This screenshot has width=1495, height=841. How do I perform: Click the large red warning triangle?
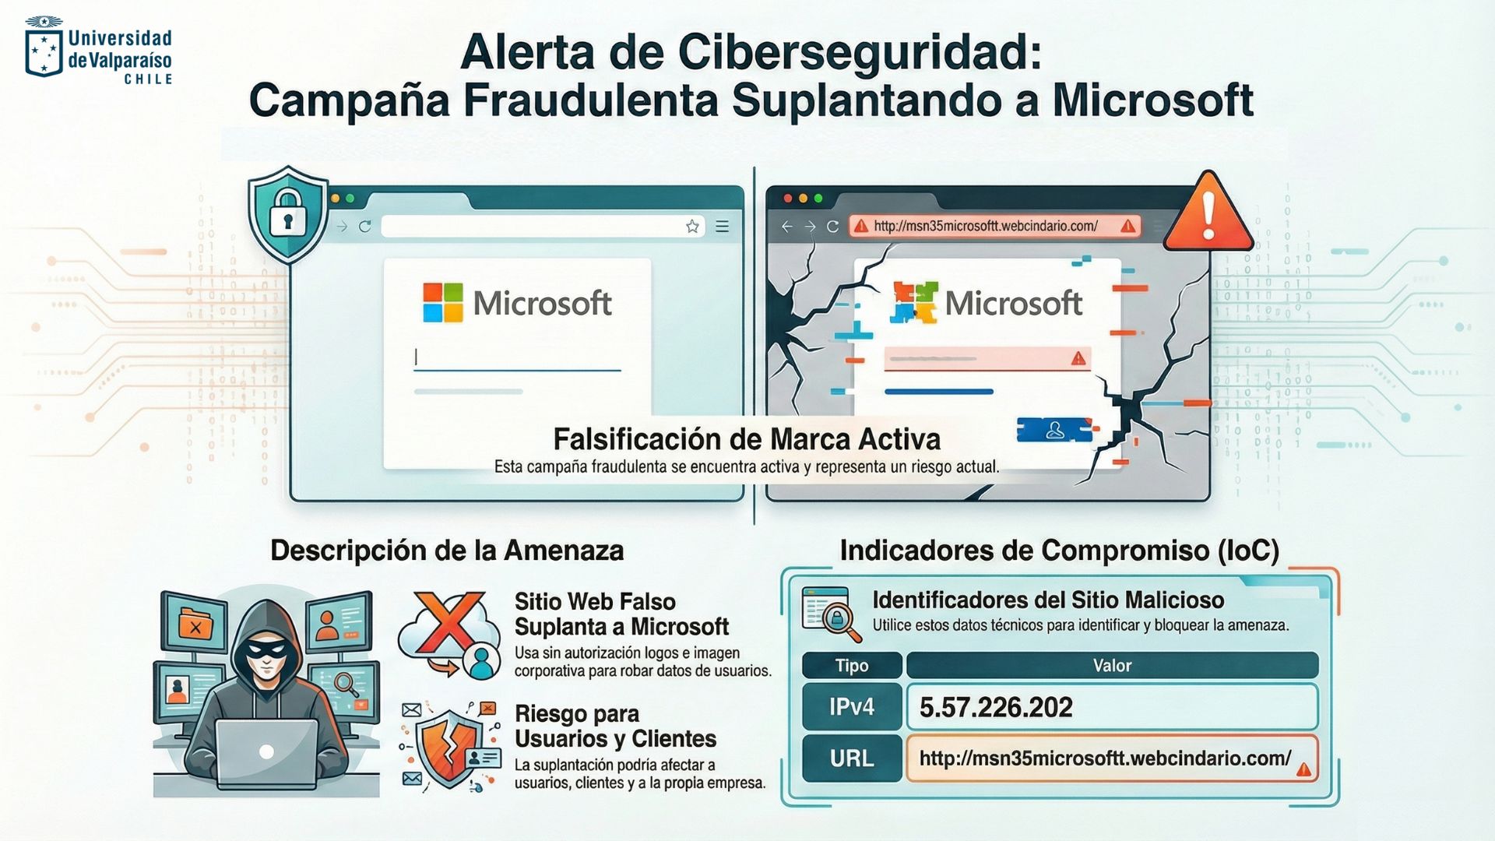click(x=1208, y=213)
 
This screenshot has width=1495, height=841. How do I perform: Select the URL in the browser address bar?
click(x=985, y=226)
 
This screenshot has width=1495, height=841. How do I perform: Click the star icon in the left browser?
click(x=692, y=227)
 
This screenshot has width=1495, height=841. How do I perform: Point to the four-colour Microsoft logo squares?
click(x=442, y=302)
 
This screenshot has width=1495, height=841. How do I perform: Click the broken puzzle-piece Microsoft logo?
click(x=914, y=302)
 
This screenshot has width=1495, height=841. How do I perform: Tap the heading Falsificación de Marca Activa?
click(x=747, y=439)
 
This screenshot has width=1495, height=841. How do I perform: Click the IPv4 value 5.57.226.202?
click(x=996, y=707)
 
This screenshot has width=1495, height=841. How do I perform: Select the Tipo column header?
click(x=851, y=666)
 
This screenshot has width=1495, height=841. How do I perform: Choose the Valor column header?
click(x=1112, y=666)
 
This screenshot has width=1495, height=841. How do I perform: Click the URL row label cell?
click(x=851, y=758)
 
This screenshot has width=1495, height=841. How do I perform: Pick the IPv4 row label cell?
click(x=851, y=707)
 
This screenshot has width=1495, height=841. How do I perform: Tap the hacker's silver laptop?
click(x=266, y=751)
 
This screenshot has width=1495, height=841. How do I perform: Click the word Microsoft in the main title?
click(x=1153, y=101)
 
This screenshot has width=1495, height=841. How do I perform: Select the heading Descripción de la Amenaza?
click(x=447, y=551)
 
